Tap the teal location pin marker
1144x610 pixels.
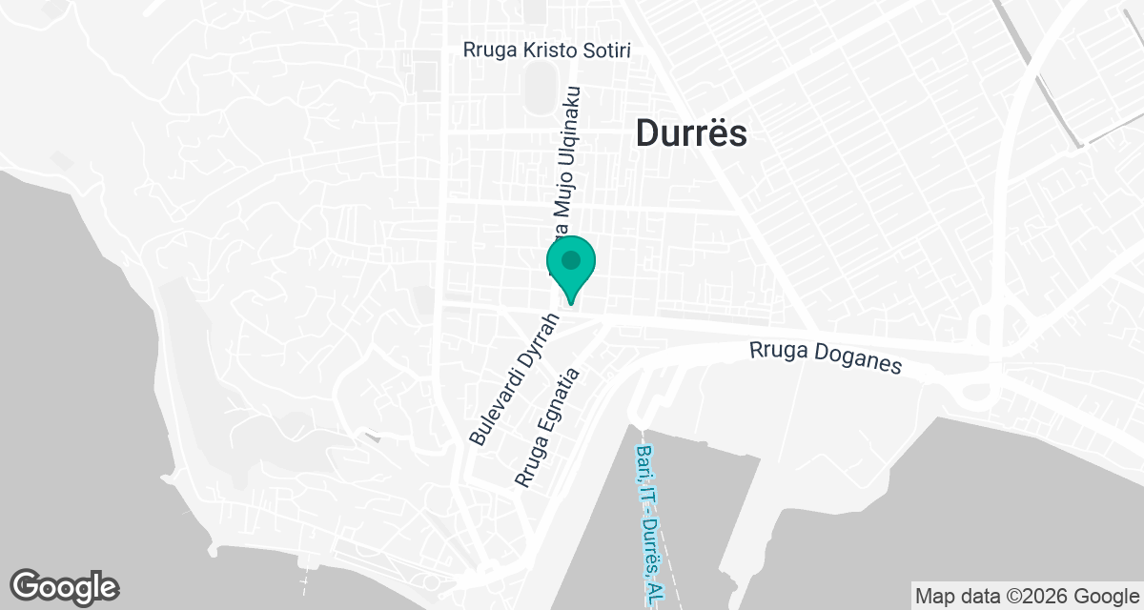[x=571, y=267]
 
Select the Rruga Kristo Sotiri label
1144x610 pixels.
[x=547, y=50]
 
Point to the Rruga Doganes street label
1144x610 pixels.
[x=825, y=358]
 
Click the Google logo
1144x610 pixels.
[x=64, y=586]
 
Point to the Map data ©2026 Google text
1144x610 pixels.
[x=1025, y=597]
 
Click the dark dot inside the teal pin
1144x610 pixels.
[x=571, y=259]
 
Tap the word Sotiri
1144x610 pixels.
[x=606, y=50]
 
